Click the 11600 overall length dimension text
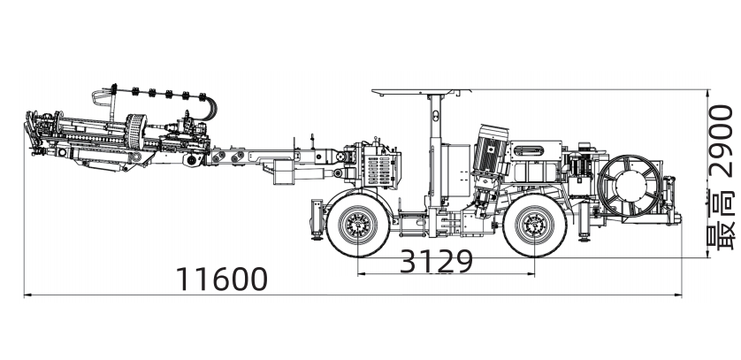[x=222, y=279]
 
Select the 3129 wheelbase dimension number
[x=436, y=261]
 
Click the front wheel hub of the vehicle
[x=358, y=225]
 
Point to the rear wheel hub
[x=535, y=225]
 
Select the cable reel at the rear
[x=630, y=185]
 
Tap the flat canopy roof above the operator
[x=421, y=92]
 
